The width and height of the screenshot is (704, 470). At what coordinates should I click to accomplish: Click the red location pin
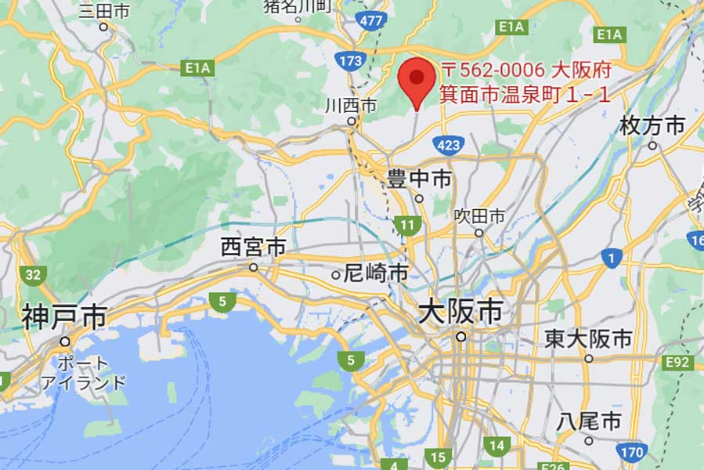[x=417, y=79]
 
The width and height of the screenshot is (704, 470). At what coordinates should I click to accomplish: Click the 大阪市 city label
[x=460, y=312]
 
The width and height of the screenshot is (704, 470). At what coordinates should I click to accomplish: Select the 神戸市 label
[x=64, y=317]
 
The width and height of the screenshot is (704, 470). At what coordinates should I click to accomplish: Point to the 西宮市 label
[x=253, y=248]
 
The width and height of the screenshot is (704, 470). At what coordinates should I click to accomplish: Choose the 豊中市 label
[x=419, y=179]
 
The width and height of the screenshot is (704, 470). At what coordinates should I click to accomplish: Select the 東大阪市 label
[x=588, y=338]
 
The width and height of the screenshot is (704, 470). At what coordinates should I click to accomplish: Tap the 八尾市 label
[x=589, y=421]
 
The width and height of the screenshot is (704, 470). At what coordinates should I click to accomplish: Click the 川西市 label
[x=352, y=105]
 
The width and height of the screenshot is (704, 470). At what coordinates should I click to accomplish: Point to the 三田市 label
[x=103, y=11]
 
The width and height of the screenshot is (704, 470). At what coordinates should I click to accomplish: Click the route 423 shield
[x=449, y=144]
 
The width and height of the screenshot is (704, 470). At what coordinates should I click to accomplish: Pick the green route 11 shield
[x=407, y=226]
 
